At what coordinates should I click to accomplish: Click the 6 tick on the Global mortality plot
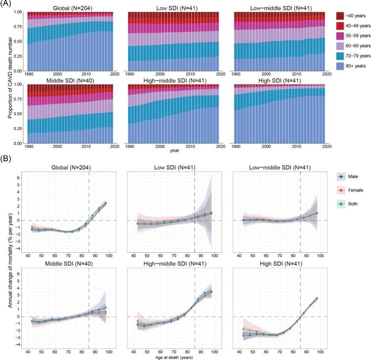[x=20, y=178]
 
